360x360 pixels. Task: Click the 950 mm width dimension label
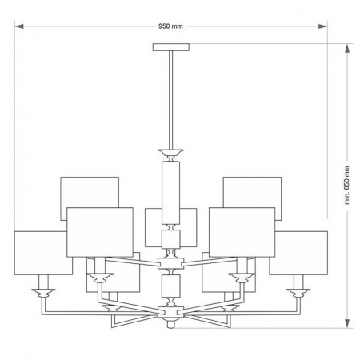(171, 26)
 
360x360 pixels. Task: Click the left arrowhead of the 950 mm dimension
(18, 26)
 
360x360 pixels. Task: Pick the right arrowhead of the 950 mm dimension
(326, 26)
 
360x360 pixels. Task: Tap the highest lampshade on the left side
(90, 192)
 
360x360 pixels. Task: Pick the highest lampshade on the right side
(253, 192)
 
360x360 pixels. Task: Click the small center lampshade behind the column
(152, 226)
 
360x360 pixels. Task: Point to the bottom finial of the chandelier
(170, 326)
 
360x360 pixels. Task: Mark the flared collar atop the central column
(170, 152)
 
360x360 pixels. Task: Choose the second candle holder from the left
(99, 278)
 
